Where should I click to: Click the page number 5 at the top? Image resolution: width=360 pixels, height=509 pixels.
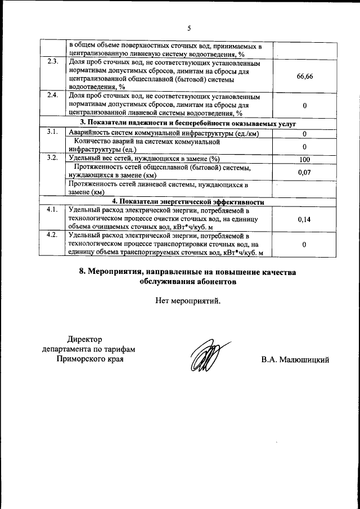189,28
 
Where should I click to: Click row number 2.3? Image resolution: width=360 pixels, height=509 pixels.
53,61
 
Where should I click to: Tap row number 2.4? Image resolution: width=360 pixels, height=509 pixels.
53,94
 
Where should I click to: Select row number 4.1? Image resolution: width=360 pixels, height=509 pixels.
53,210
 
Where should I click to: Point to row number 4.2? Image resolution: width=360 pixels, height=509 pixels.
53,235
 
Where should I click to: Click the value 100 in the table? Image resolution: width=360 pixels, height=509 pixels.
304,159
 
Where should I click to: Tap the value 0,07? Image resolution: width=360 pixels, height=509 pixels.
304,172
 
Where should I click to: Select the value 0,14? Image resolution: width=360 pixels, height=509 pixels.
304,219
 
